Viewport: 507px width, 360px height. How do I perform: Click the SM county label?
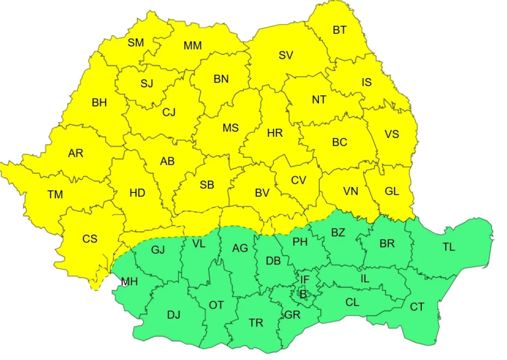[136, 43]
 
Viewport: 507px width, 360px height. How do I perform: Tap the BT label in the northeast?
[340, 30]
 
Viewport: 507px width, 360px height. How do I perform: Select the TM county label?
[55, 194]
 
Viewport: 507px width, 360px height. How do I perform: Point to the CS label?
[90, 238]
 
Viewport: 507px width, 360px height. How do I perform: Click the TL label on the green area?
[449, 247]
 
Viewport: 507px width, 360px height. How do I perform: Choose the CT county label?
[417, 306]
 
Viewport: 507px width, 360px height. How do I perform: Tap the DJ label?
[174, 314]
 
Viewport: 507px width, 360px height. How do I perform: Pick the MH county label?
[129, 282]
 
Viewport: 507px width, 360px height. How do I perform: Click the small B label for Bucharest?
[303, 294]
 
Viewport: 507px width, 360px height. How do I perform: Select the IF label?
[304, 279]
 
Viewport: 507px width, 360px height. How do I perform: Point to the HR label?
[275, 133]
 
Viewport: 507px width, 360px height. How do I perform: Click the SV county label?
[285, 55]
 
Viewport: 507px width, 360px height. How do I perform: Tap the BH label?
[99, 102]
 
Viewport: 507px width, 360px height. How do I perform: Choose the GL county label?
[392, 191]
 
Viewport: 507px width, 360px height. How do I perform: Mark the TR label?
[255, 323]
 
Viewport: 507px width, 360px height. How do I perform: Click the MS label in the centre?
[230, 128]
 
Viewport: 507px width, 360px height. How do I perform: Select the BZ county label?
[338, 233]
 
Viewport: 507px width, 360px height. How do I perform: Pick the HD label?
[137, 193]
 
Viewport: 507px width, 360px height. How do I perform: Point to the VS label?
[391, 134]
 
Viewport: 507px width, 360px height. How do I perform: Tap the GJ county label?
[158, 250]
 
